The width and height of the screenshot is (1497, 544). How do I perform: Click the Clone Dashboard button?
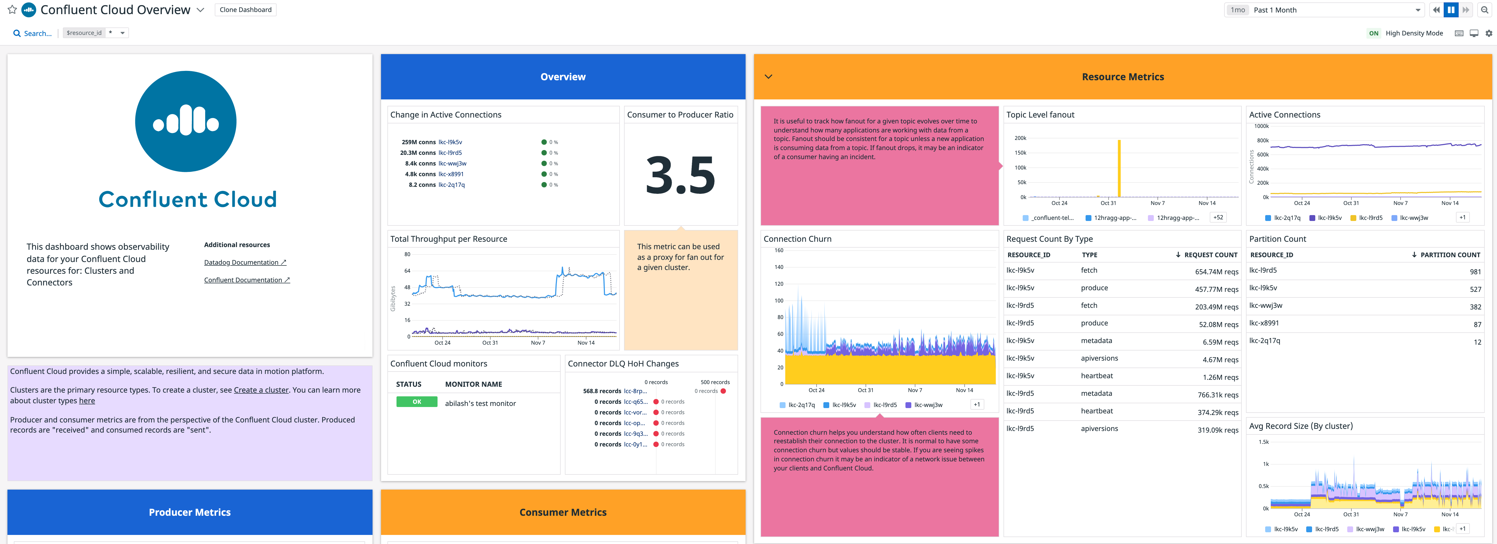(x=245, y=10)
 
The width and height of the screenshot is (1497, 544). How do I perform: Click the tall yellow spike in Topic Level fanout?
(x=1119, y=168)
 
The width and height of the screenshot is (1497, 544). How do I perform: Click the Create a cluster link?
(x=261, y=390)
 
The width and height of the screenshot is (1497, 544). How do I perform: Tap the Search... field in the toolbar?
(x=37, y=33)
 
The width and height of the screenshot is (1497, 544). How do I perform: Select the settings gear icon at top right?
(x=1488, y=33)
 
